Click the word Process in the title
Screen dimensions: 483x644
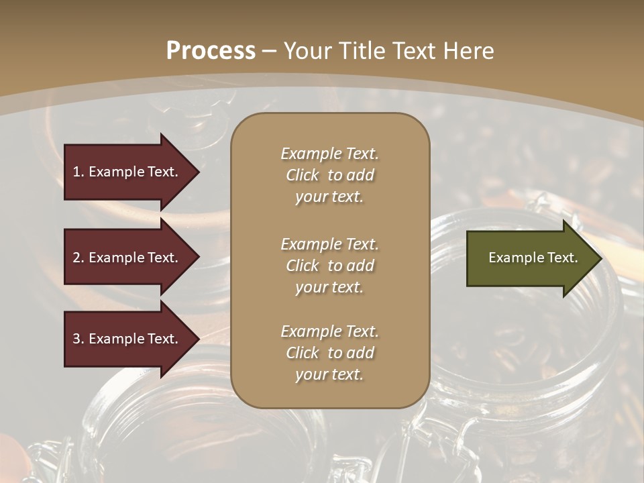coord(211,51)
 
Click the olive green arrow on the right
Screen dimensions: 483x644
coord(530,258)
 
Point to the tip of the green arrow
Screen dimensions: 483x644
coord(600,258)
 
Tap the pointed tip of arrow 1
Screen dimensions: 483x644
coord(198,172)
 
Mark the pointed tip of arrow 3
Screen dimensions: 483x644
coord(198,339)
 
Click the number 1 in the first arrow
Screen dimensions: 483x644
coord(76,172)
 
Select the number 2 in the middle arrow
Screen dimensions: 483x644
coord(76,258)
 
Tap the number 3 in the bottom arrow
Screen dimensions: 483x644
coord(76,339)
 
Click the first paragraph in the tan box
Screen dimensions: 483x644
coord(329,175)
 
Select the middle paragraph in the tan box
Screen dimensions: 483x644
coord(329,266)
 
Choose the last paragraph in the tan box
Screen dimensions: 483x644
coord(329,353)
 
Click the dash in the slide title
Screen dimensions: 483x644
coord(269,51)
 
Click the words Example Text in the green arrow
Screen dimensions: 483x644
coord(533,258)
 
